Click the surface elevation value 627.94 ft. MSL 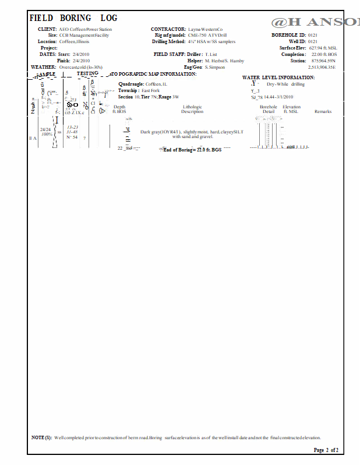[x=323, y=48]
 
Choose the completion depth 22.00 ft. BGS [x=324, y=54]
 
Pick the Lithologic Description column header [x=192, y=110]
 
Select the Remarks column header [x=323, y=111]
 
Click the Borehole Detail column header [x=269, y=110]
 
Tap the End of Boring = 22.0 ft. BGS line [x=192, y=150]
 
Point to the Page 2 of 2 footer [x=326, y=450]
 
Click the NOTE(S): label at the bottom [x=41, y=437]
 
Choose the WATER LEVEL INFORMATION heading [x=278, y=77]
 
